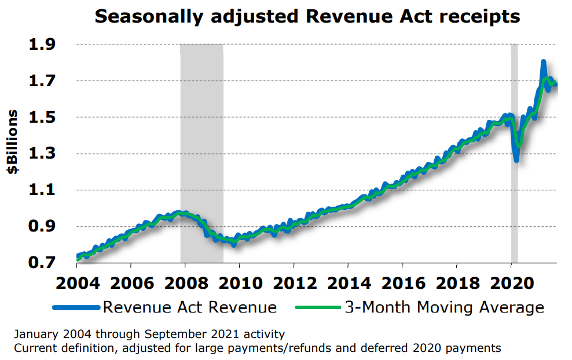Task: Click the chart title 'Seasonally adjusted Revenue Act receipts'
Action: (307, 17)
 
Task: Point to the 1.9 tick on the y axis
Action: (44, 45)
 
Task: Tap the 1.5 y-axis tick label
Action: (44, 117)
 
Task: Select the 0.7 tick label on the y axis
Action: (44, 263)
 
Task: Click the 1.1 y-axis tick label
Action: (44, 190)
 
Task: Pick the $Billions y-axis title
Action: (12, 142)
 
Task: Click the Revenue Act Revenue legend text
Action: (189, 307)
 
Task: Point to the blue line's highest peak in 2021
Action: (544, 62)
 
